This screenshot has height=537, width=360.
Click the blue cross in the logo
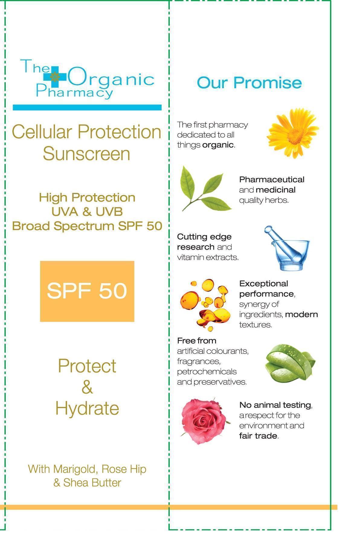pos(55,77)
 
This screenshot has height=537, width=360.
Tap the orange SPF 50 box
pos(87,291)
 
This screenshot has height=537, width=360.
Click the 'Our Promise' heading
pos(249,82)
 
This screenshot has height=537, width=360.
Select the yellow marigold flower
pos(292,133)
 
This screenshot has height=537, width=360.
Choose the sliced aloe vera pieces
pos(290,363)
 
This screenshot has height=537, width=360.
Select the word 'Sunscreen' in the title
pos(86,154)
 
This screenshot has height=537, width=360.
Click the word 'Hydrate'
pos(87,408)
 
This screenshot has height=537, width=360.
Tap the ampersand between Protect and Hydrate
pos(87,387)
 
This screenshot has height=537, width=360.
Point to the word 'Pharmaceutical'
pos(272,180)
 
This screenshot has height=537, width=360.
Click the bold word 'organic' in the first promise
pos(218,145)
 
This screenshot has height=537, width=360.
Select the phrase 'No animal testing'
pos(275,405)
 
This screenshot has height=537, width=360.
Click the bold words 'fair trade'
pos(258,436)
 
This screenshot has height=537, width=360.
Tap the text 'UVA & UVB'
pos(87,212)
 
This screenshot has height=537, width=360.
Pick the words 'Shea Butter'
pos(92,483)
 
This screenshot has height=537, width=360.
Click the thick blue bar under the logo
pos(87,107)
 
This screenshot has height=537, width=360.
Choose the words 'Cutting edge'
pos(204,237)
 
